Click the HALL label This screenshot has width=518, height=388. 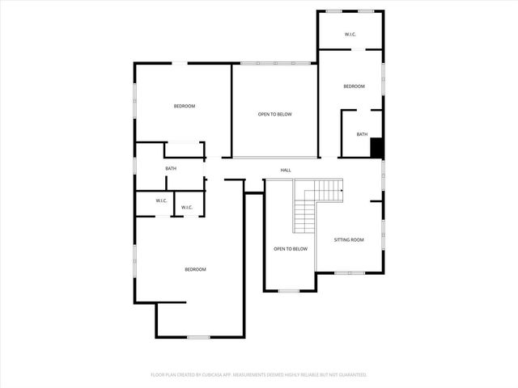click(x=286, y=170)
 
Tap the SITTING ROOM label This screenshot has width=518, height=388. click(x=349, y=239)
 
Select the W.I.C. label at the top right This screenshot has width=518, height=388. click(x=350, y=34)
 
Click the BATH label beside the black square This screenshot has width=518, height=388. click(x=362, y=134)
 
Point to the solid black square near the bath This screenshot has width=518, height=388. click(x=376, y=148)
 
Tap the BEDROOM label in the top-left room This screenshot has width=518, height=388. click(x=185, y=106)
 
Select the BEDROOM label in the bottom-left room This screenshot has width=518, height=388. click(x=195, y=269)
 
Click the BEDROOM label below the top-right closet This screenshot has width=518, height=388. click(x=354, y=86)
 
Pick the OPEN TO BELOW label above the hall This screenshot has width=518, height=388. click(x=275, y=114)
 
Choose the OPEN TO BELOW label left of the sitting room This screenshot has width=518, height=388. click(x=291, y=249)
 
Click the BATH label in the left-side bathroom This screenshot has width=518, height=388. click(x=171, y=168)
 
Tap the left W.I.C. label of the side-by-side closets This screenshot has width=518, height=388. click(x=162, y=201)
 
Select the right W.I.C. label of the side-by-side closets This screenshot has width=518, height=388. click(x=187, y=208)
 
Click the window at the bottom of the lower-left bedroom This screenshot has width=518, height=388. click(x=198, y=336)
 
